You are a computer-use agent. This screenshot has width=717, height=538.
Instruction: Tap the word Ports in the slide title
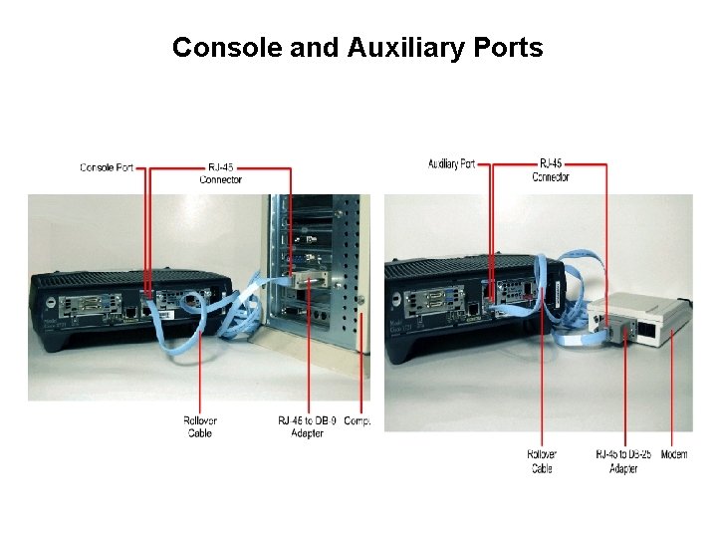(509, 48)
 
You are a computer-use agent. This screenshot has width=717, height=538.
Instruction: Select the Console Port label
(107, 167)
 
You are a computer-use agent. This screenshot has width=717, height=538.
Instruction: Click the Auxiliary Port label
(452, 163)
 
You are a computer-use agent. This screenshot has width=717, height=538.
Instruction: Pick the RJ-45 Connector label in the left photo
(220, 173)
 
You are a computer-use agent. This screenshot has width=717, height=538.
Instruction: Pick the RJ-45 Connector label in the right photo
(551, 170)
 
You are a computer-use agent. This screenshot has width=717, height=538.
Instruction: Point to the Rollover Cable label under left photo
(200, 426)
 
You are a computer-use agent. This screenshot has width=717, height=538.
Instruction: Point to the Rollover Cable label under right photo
(542, 461)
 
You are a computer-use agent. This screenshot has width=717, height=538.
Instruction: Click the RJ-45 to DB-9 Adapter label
(307, 426)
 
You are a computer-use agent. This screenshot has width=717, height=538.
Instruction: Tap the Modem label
(674, 455)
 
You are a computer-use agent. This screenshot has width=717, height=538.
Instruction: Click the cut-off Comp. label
(357, 421)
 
